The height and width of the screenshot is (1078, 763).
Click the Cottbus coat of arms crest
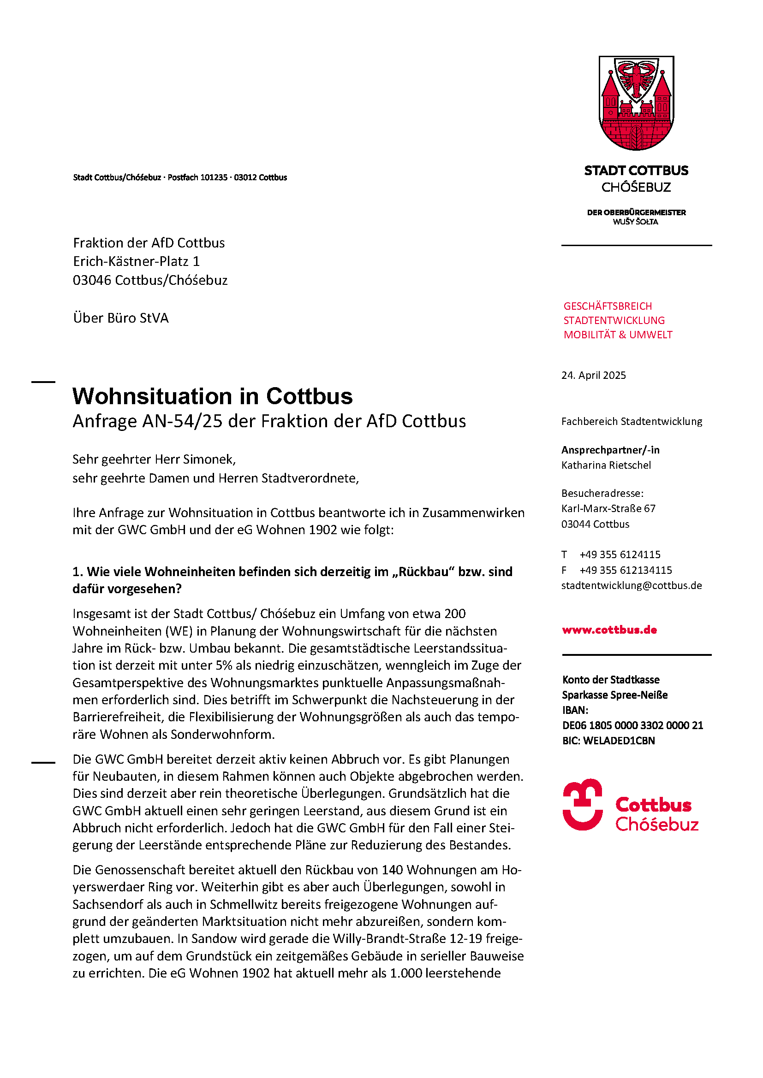(636, 103)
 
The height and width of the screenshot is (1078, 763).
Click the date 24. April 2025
(593, 375)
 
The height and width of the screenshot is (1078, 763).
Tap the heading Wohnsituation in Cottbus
(212, 396)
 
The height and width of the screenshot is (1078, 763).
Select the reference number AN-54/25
(182, 421)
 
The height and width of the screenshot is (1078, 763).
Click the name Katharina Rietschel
(606, 465)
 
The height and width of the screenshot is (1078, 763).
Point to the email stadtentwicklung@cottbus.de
(632, 585)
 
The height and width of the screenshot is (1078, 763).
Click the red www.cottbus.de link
(609, 630)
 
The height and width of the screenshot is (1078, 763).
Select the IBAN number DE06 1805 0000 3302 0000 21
(632, 725)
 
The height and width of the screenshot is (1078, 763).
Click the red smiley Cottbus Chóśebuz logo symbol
(583, 805)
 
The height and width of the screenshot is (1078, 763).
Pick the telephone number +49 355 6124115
(620, 554)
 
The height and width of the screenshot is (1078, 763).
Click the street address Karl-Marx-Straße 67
(608, 508)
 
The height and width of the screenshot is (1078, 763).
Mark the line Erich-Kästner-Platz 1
(136, 261)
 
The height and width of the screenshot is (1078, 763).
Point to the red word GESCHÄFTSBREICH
(608, 306)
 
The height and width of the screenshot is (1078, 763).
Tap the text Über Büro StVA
(121, 318)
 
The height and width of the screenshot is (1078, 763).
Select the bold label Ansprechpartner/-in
(610, 450)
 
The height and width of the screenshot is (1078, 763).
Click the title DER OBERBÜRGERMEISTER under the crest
(636, 212)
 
